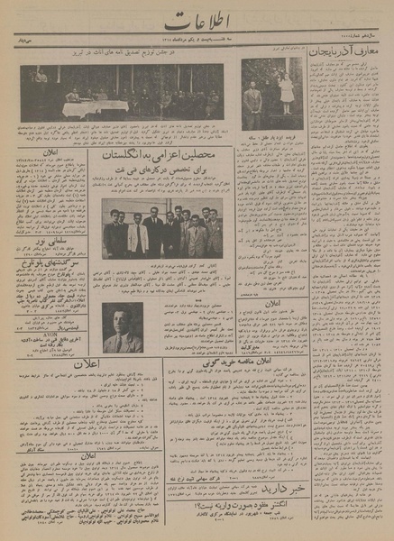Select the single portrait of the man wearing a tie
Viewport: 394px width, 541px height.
point(120,327)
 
